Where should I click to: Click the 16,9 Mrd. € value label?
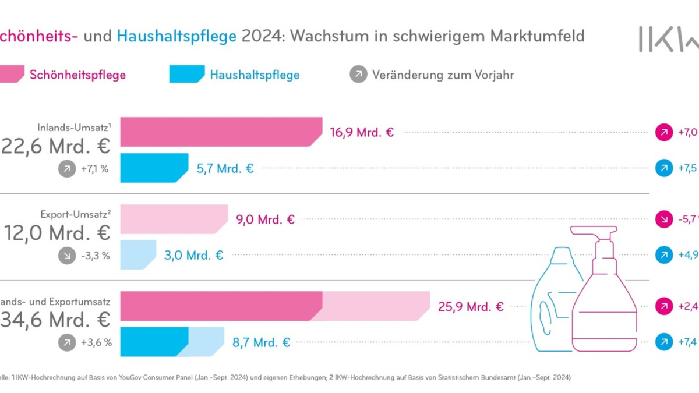pyautogui.click(x=362, y=132)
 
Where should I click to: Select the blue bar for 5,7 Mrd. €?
pyautogui.click(x=154, y=168)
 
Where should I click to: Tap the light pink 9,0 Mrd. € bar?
pyautogui.click(x=174, y=219)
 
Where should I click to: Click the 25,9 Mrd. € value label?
pyautogui.click(x=471, y=306)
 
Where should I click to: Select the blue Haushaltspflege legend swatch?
pyautogui.click(x=186, y=75)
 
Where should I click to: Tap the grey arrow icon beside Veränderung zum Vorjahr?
pyautogui.click(x=359, y=75)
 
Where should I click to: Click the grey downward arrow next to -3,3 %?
pyautogui.click(x=68, y=255)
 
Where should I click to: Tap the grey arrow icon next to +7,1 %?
pyautogui.click(x=68, y=168)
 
